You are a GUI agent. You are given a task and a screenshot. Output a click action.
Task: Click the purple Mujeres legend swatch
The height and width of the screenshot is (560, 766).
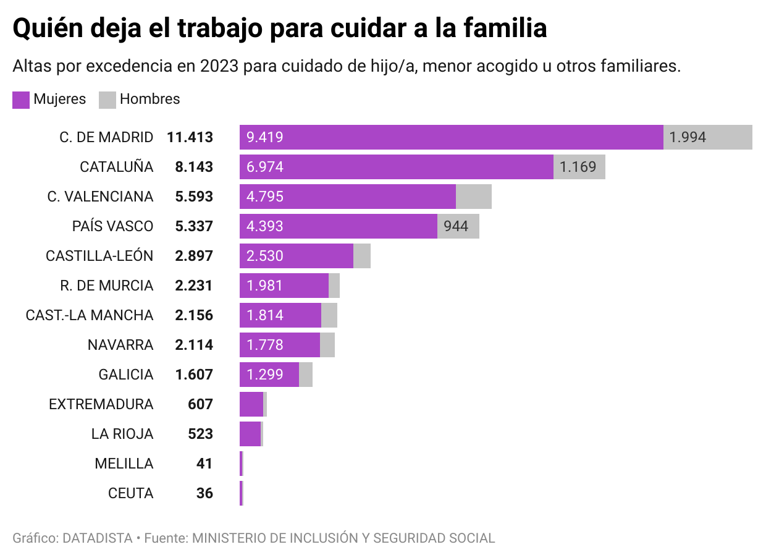tap(21, 100)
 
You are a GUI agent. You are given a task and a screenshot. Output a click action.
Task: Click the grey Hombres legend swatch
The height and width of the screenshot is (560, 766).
tap(107, 100)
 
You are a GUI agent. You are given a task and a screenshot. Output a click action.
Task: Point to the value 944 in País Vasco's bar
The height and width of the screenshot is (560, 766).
tap(456, 226)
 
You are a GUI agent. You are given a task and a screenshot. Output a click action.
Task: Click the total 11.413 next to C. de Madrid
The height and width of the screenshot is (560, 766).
tap(190, 137)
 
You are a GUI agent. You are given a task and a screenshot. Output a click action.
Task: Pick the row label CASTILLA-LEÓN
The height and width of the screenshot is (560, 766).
tap(99, 256)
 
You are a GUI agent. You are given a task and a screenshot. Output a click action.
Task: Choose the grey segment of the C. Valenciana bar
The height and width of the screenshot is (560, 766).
tap(474, 197)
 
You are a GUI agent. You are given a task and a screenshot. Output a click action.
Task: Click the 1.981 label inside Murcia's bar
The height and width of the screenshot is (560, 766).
tap(264, 286)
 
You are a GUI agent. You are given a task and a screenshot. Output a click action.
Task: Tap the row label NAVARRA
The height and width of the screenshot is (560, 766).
tap(120, 345)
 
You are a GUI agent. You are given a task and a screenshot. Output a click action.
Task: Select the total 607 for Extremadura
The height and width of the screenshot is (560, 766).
tap(200, 404)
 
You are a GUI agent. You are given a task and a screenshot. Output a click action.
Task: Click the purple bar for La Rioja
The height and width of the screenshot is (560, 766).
tap(250, 434)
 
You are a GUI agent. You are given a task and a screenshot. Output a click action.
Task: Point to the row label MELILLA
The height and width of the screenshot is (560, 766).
tap(124, 464)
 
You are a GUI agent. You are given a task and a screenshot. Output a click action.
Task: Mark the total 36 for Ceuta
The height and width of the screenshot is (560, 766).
tap(204, 493)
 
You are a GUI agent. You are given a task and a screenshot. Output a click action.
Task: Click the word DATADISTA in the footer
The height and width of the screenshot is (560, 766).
tap(98, 538)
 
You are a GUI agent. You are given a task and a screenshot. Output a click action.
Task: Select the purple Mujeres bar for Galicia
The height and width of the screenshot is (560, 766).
tap(269, 375)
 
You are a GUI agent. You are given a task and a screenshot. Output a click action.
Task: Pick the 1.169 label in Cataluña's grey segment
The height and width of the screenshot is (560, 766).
tap(578, 167)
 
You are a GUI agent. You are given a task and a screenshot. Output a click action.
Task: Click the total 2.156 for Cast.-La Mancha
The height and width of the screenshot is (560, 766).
tap(194, 315)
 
